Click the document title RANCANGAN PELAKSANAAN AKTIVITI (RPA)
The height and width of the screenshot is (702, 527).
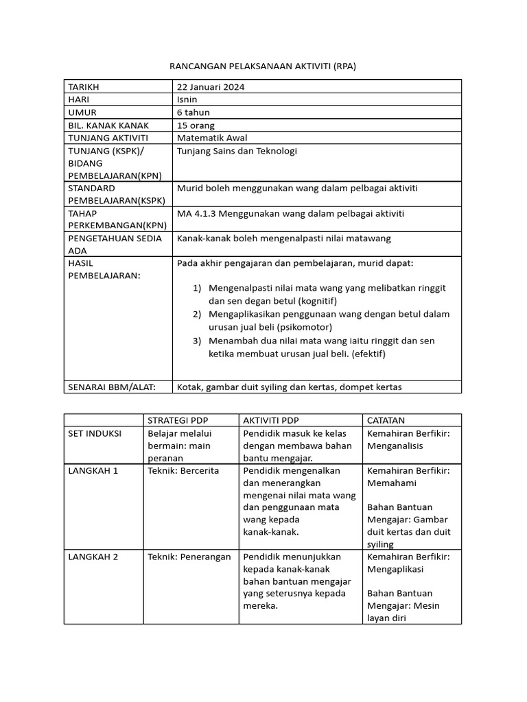263,66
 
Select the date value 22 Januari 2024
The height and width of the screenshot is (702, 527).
211,87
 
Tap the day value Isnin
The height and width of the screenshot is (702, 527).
188,99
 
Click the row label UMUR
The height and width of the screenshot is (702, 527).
80,112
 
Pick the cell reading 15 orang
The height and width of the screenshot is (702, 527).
196,125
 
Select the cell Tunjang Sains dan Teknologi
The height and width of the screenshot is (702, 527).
237,151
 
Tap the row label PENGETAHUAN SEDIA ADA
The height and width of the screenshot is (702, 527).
115,244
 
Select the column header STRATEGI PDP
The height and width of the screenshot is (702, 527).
179,420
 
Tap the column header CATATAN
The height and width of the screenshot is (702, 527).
386,420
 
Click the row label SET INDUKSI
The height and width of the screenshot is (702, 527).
94,433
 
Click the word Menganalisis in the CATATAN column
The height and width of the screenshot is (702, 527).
395,446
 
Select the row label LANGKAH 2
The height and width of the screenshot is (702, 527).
93,557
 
